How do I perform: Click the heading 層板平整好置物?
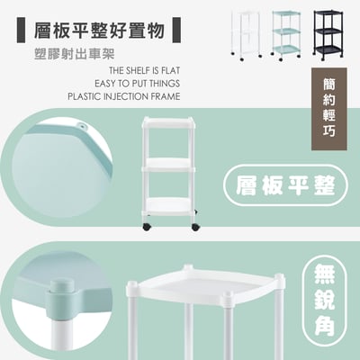(94, 31)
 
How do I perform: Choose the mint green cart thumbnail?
(286, 34)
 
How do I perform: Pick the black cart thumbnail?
(328, 34)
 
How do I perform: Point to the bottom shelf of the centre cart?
(169, 205)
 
